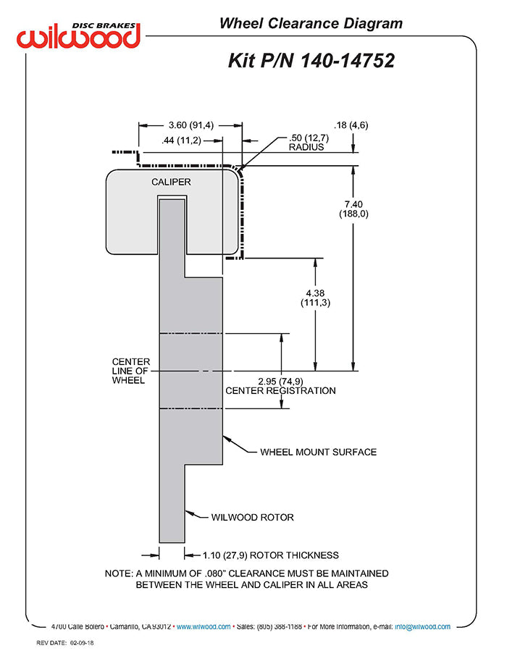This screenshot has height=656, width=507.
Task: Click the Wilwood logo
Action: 78,35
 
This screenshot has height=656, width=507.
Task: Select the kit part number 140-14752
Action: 348,61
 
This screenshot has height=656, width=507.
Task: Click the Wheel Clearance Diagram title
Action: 311,23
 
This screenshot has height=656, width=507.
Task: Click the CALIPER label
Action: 171,182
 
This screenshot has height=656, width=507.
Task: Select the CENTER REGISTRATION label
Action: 280,391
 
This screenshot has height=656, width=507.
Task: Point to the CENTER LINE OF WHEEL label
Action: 130,371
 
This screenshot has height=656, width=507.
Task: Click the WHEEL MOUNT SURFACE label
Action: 318,453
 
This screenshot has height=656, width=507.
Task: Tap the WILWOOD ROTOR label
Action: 253,518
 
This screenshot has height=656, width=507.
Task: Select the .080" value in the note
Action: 215,573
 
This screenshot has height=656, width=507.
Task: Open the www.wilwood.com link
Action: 204,627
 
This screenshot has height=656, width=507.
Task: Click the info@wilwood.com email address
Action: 422,627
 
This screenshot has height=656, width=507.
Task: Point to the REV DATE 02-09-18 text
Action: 65,643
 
